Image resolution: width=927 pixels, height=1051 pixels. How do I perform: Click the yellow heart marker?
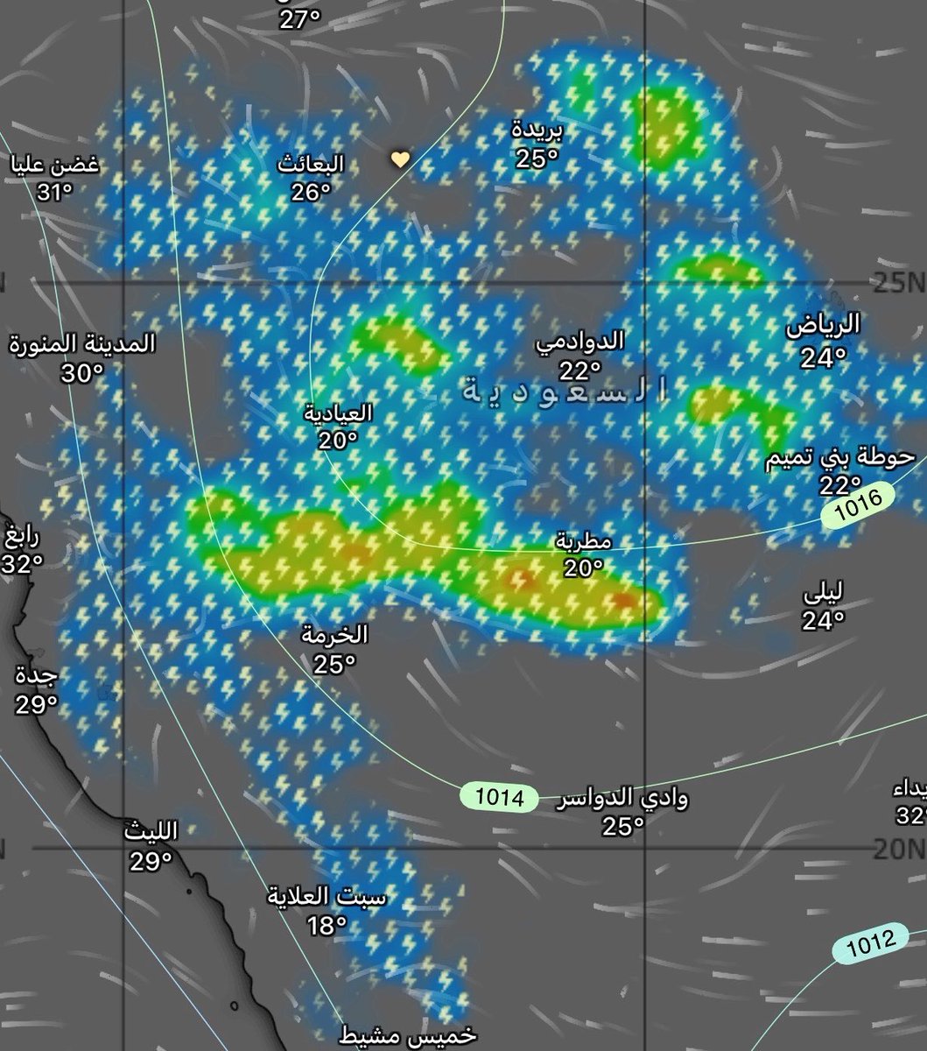point(399,159)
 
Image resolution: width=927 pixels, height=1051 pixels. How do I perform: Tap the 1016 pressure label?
point(859,508)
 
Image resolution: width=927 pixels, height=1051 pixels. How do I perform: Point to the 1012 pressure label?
point(871,942)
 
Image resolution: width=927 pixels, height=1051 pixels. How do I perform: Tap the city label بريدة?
point(537,130)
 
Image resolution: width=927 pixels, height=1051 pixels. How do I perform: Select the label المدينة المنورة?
point(82,342)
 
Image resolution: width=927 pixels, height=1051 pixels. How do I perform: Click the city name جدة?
point(37,675)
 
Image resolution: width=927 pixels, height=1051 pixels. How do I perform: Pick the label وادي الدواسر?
point(622,798)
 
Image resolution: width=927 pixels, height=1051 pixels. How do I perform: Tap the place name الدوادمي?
point(580,341)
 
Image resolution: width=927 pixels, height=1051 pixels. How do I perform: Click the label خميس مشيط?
point(408,1035)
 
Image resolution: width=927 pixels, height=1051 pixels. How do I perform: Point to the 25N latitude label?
point(899,282)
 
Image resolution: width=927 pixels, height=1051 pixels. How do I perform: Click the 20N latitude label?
point(899,848)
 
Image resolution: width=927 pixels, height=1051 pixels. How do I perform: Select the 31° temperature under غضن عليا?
point(53,191)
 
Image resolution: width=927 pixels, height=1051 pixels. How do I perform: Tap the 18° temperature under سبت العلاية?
point(327,924)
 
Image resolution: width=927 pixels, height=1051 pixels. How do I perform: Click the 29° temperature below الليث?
point(151,862)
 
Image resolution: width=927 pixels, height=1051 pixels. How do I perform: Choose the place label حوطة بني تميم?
point(839,457)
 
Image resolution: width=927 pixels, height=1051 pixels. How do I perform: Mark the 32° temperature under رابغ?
point(22,565)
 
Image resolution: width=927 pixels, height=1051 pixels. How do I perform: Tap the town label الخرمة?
point(334,635)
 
